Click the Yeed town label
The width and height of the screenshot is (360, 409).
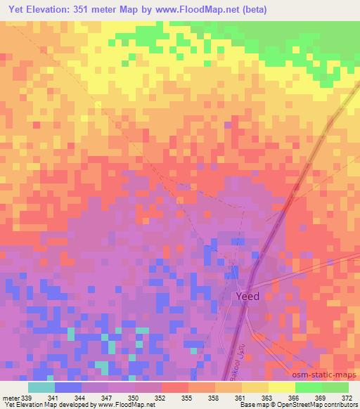[x=246, y=296]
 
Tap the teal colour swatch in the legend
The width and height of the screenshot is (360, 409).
[x=41, y=387]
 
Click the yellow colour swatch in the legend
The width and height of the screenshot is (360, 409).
[x=281, y=387]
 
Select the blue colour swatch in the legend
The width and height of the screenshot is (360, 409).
[x=68, y=387]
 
